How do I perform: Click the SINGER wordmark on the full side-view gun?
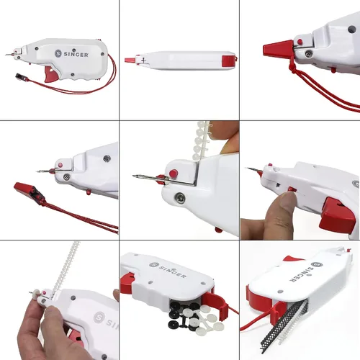tap(76, 54)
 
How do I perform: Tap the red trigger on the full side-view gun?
tap(51, 74)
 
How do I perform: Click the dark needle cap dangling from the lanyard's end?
tap(19, 77)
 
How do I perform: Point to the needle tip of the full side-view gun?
tap(6, 55)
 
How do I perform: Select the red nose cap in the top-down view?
tap(130, 60)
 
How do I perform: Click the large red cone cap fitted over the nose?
tap(279, 49)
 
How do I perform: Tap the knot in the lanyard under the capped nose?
tap(292, 68)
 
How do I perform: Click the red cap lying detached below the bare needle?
tap(30, 192)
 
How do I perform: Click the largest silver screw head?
tap(180, 197)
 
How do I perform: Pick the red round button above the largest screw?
tap(174, 173)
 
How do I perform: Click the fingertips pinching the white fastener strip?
tap(225, 138)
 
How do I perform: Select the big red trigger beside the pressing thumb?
tap(337, 215)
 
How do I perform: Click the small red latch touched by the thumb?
tap(292, 189)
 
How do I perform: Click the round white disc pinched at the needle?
tap(37, 293)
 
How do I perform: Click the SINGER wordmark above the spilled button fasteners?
tap(168, 270)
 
